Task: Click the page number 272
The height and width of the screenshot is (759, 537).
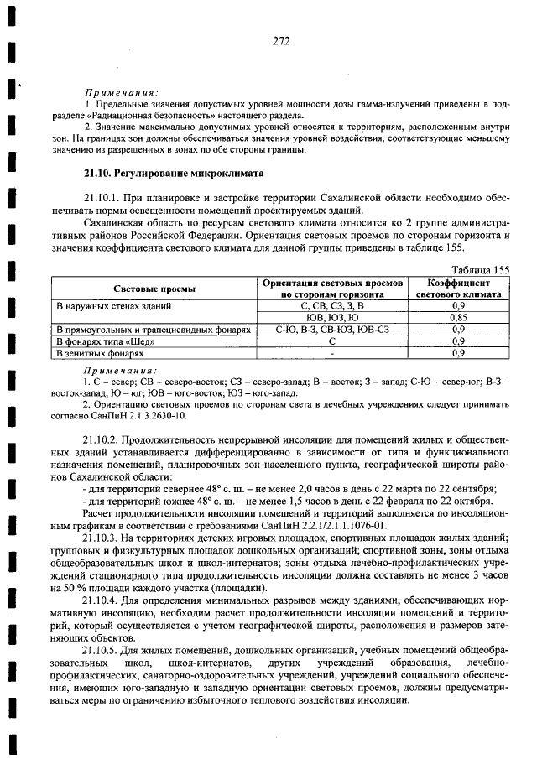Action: point(281,39)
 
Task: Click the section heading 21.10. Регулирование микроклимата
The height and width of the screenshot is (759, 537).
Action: point(173,174)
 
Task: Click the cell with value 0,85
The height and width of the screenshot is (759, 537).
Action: point(458,318)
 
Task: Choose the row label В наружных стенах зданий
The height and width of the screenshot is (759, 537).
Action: point(105,307)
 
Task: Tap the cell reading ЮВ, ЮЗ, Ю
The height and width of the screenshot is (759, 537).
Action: point(333,318)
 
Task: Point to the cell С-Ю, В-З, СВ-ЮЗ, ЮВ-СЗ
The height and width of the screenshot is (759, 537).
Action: point(333,330)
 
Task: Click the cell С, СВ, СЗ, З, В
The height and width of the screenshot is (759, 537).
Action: point(333,307)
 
